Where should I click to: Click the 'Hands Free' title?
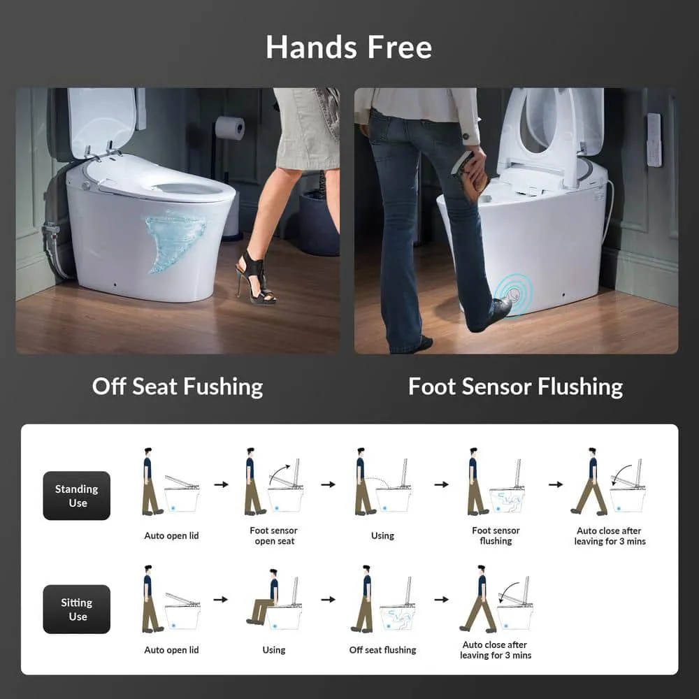tap(349, 48)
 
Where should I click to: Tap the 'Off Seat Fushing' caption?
tap(178, 387)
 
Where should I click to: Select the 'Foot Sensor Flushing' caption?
tap(516, 387)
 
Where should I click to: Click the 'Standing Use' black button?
tap(77, 496)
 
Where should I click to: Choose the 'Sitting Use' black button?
tap(77, 610)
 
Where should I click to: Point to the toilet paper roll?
tap(230, 128)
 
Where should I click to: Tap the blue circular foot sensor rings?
tap(514, 294)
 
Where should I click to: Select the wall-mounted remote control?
tap(654, 140)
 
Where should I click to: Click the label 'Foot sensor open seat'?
tap(274, 536)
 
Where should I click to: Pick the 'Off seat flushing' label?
tap(382, 650)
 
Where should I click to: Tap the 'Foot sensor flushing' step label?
tap(496, 536)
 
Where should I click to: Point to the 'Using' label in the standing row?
tap(382, 536)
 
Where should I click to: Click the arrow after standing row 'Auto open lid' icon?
tap(221, 484)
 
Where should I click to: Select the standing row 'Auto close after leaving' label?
tap(610, 536)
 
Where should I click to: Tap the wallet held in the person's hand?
tap(468, 171)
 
